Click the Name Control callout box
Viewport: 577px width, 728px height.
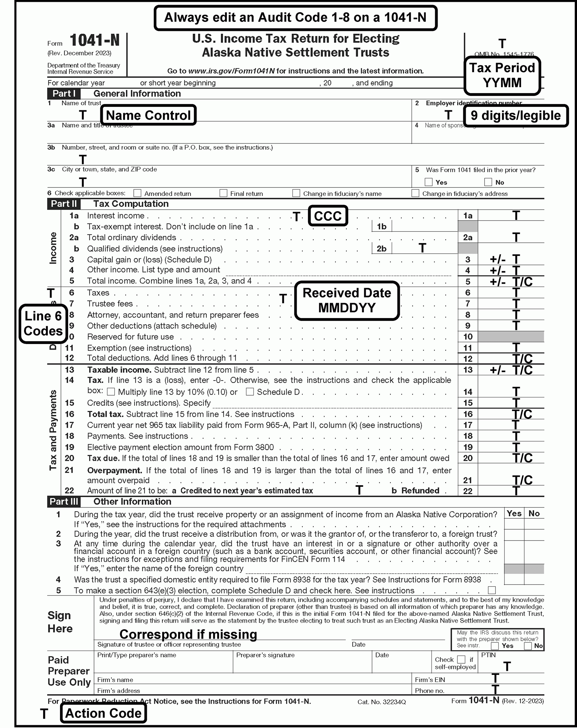coord(148,116)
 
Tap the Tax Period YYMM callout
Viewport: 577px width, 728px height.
coord(502,75)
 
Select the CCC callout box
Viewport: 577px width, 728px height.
coord(327,216)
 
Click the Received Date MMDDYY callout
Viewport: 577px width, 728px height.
coord(347,301)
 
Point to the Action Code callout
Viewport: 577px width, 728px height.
coord(103,713)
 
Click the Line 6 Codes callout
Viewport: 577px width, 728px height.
coord(43,323)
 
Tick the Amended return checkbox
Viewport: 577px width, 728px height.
coord(137,193)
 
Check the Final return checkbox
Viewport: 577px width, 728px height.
coord(223,193)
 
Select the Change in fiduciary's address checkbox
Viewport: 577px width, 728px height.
coord(415,193)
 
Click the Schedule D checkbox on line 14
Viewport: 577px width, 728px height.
coord(250,392)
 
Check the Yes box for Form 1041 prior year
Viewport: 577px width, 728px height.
coord(428,182)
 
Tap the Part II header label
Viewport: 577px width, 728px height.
coord(63,204)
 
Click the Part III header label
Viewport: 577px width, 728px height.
coord(63,502)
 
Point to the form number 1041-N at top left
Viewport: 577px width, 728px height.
coord(95,41)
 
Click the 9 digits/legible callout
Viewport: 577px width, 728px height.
coord(515,116)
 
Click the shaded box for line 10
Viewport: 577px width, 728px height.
coord(511,337)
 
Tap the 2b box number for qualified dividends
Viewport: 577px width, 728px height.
coord(381,248)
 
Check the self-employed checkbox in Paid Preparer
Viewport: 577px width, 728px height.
coord(461,660)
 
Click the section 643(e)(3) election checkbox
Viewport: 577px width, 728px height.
coord(492,590)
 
